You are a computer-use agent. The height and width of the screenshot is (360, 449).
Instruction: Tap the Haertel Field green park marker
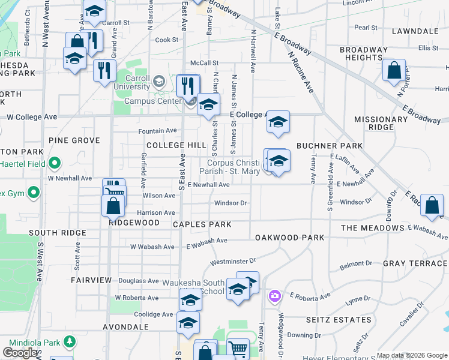[x=55, y=163]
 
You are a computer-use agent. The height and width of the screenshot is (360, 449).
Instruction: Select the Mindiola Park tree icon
[x=70, y=342]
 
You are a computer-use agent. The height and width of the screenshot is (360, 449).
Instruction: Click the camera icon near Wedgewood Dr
[x=275, y=295]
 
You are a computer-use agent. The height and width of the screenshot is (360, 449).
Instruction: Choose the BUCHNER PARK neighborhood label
[x=330, y=145]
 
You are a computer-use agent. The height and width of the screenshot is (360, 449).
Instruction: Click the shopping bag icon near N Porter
[x=394, y=70]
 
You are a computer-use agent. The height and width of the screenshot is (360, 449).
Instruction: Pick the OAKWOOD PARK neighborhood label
[x=289, y=238]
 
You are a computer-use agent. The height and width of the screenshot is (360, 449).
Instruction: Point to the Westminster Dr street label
[x=233, y=261]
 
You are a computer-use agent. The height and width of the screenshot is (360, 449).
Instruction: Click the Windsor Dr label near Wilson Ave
[x=231, y=203]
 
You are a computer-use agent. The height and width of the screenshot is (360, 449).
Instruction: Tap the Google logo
[x=21, y=353]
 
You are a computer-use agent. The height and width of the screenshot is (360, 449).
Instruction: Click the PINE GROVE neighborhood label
[x=74, y=140]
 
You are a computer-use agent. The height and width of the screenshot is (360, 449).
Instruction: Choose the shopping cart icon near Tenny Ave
[x=238, y=348]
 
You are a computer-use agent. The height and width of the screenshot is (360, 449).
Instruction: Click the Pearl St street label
[x=366, y=28]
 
